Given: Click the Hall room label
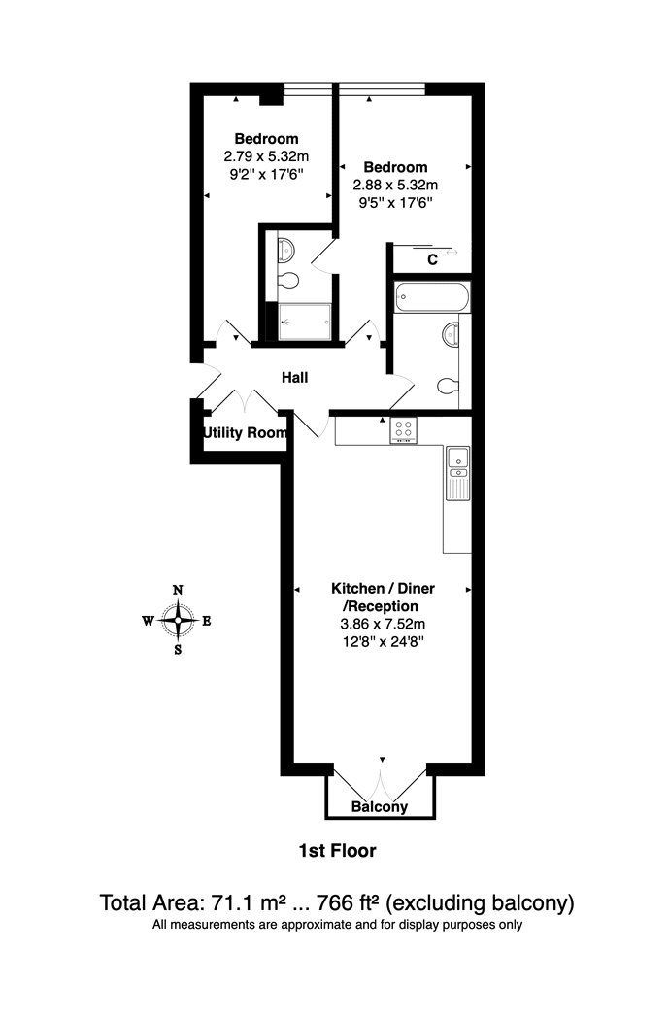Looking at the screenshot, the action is coord(294,377).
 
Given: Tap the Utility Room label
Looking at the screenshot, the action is coord(245,432).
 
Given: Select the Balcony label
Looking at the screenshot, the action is coord(380,807).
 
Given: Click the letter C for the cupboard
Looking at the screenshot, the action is coord(432,260).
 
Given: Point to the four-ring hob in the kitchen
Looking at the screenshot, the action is coord(404,429).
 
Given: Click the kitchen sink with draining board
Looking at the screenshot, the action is coord(458,474).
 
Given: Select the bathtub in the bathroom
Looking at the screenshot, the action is coord(432,297).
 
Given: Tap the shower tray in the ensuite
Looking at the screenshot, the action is coord(305,322).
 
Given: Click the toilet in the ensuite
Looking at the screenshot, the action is coord(286,281).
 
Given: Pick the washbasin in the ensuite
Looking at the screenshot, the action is coord(286,248).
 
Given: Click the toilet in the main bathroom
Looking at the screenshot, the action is coord(448,386).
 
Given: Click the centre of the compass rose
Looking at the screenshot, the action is coord(178,620).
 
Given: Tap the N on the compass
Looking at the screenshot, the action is coord(178,590).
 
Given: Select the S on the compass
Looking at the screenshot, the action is coord(178,649).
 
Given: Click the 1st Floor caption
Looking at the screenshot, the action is coord(338,850).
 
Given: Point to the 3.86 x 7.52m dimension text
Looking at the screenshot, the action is coord(383,624).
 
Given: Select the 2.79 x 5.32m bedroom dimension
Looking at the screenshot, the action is coord(267,156).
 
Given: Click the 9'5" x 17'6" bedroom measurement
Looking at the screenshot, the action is coord(396,202).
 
